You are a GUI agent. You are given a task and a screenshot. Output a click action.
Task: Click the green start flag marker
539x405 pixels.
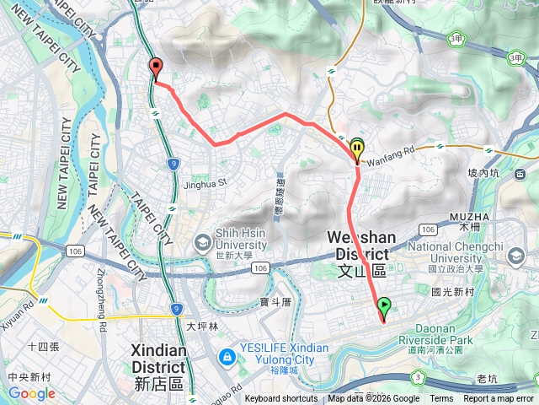384,307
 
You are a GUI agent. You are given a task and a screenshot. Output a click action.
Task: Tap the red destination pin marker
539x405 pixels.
155,68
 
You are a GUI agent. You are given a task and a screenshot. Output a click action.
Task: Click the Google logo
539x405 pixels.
31,393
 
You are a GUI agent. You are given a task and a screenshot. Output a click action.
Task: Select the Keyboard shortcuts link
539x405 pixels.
281,399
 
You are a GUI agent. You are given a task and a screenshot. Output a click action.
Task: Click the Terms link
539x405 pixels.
441,399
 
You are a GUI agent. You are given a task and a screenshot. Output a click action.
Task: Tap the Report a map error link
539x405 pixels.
499,399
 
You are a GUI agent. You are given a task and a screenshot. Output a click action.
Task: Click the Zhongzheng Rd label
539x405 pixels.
102,299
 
